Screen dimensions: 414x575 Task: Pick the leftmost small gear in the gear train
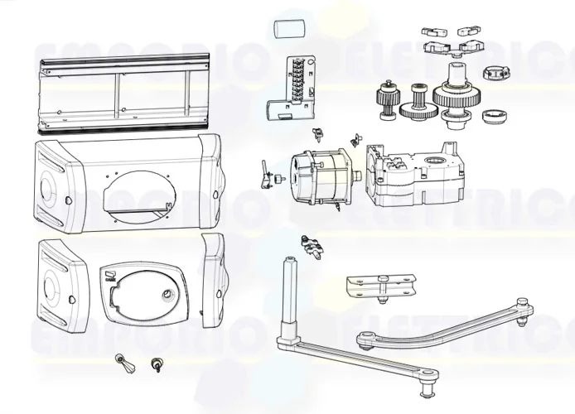point(386,98)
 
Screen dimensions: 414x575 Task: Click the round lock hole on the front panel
point(168,296)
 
